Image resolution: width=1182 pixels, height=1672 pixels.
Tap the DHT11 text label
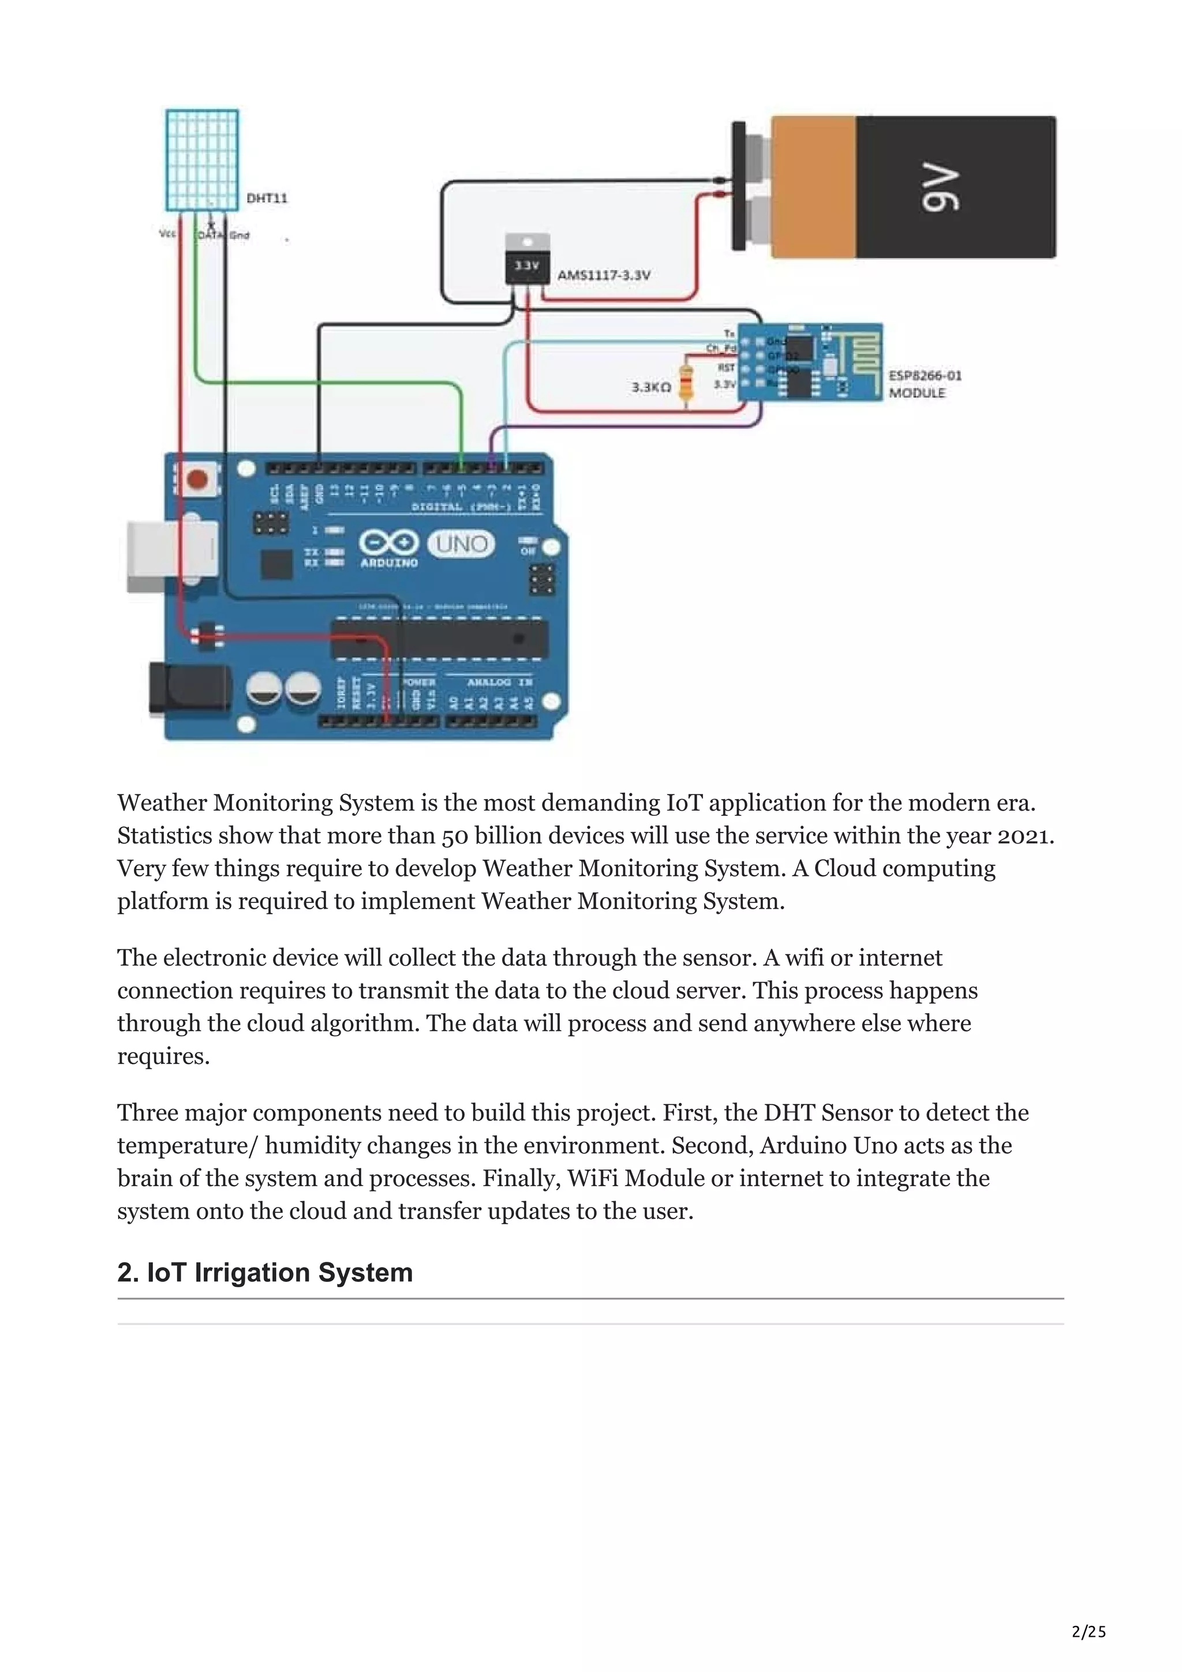click(267, 198)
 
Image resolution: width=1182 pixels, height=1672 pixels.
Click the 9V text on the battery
click(940, 188)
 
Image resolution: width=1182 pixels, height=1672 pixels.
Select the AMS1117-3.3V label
click(603, 275)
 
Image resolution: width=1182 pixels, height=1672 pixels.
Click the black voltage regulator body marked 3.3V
click(528, 267)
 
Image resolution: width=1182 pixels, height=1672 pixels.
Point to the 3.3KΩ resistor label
click(651, 387)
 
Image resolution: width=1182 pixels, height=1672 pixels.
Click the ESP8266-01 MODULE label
click(924, 384)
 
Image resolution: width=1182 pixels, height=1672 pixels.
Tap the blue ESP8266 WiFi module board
click(809, 362)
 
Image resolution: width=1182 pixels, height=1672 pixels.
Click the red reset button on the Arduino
click(197, 479)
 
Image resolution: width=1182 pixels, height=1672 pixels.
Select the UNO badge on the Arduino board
click(461, 544)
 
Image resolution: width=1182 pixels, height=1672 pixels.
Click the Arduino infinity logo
click(389, 542)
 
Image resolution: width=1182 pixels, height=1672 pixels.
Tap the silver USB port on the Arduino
click(171, 555)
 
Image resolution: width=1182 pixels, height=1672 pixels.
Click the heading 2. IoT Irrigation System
click(265, 1272)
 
